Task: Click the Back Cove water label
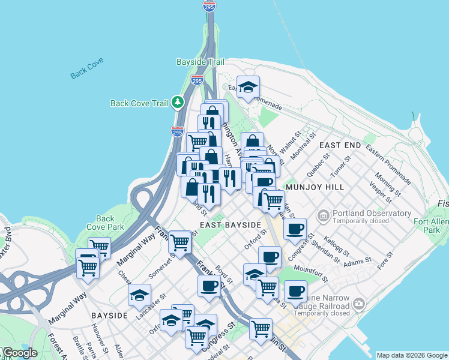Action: pos(87,68)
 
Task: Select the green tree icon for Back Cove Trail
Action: pos(177,103)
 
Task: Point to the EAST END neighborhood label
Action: pos(340,146)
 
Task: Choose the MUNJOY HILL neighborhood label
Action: pos(315,187)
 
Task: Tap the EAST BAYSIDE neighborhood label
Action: pos(231,225)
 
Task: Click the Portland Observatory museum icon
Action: pos(323,214)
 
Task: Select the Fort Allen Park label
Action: pos(431,226)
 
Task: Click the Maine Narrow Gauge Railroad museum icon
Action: pos(359,304)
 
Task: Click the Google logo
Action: pos(19,353)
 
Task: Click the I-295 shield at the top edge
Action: pos(209,6)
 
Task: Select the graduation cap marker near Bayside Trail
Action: pos(248,86)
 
